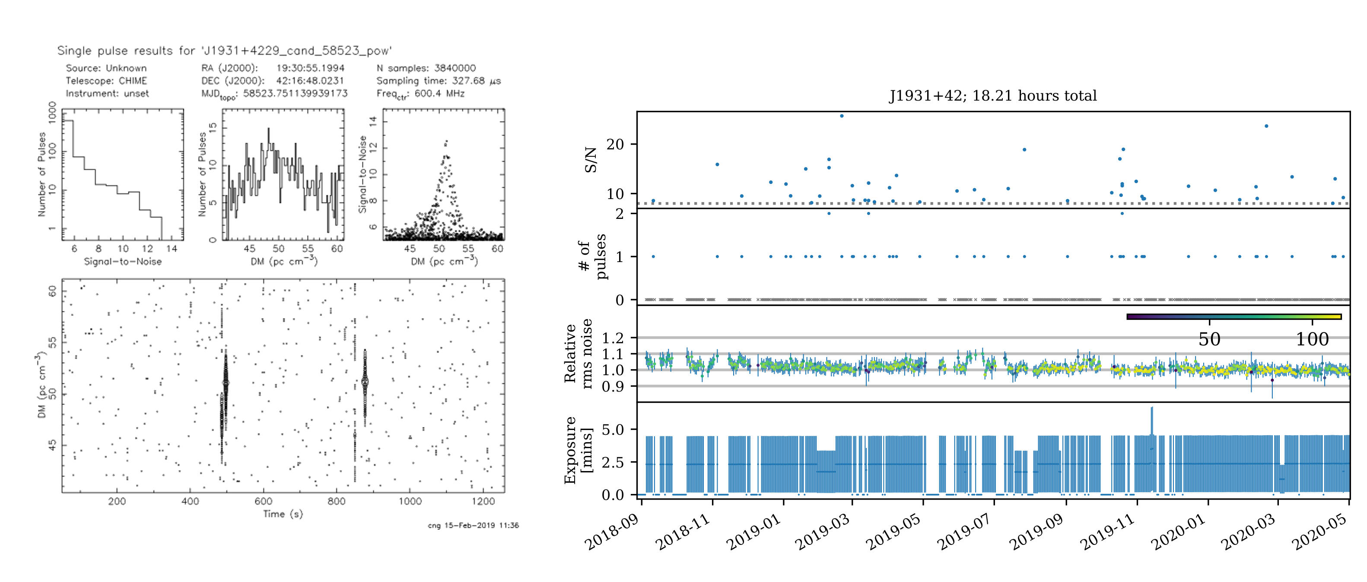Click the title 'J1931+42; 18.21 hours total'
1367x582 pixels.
(x=992, y=95)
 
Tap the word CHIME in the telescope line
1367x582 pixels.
(x=133, y=81)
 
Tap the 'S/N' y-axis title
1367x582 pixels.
(x=591, y=160)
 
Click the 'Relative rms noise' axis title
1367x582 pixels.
(x=578, y=354)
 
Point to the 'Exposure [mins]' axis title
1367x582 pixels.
(x=578, y=450)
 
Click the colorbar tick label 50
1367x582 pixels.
(x=1209, y=339)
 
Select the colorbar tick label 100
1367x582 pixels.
(x=1312, y=339)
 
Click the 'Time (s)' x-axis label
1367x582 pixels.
(x=283, y=513)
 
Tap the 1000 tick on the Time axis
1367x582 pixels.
(x=410, y=501)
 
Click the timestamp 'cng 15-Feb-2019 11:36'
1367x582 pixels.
(x=473, y=525)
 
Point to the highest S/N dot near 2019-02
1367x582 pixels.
(x=842, y=116)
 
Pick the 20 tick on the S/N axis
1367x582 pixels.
(x=615, y=144)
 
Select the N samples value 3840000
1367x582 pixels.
(x=455, y=68)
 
